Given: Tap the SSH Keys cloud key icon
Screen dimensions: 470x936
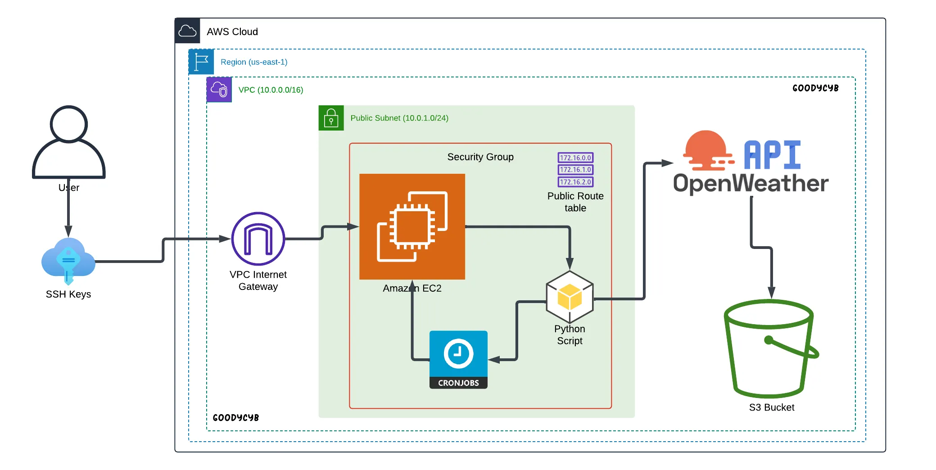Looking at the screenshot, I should (x=68, y=260).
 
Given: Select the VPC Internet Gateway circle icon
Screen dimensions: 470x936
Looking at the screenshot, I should (x=258, y=239).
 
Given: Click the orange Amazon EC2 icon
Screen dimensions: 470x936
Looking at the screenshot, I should (x=412, y=226).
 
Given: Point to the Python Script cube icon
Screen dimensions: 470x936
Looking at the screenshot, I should (x=570, y=297).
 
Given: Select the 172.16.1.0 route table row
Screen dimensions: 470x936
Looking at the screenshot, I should (x=575, y=170).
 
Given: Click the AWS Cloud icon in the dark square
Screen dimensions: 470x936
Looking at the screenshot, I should (x=187, y=31).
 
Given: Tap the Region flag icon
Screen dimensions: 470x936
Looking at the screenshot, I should (x=201, y=62).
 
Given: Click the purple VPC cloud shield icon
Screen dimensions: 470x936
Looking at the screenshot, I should (x=219, y=90).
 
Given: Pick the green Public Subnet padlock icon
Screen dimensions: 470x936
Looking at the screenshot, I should (x=331, y=118).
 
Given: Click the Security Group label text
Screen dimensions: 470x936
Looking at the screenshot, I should (x=480, y=157).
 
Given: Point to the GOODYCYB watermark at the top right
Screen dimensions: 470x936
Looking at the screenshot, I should (x=815, y=88).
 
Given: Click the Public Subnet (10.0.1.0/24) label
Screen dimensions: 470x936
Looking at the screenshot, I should (x=399, y=118).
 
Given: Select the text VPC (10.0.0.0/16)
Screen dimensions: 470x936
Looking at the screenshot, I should (x=271, y=90).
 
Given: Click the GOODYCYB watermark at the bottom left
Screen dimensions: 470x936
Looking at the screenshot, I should (x=235, y=418).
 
